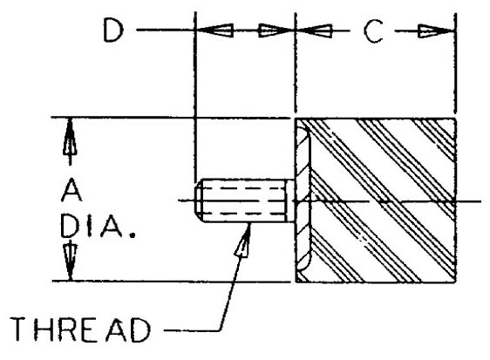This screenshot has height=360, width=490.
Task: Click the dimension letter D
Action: pyautogui.click(x=113, y=30)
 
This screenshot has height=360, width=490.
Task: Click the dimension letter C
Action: pyautogui.click(x=373, y=31)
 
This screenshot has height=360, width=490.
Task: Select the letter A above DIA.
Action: pyautogui.click(x=71, y=190)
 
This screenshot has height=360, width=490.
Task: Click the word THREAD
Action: pyautogui.click(x=80, y=329)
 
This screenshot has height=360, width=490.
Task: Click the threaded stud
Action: pyautogui.click(x=241, y=200)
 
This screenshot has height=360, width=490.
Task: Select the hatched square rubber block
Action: pyautogui.click(x=376, y=200)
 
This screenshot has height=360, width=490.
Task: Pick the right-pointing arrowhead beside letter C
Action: pyautogui.click(x=437, y=31)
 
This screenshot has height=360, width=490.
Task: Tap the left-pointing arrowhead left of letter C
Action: pyautogui.click(x=314, y=31)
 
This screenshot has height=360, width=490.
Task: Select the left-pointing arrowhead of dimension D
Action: pyautogui.click(x=214, y=31)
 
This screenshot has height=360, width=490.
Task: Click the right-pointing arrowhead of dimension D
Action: pyautogui.click(x=277, y=31)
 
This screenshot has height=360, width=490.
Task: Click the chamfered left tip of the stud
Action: pyautogui.click(x=198, y=200)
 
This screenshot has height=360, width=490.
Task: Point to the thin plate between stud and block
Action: pyautogui.click(x=303, y=200)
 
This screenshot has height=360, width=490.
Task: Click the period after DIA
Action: pyautogui.click(x=133, y=234)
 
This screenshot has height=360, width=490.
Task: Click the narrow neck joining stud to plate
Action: pyautogui.click(x=291, y=200)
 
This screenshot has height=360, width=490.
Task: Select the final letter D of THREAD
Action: pyautogui.click(x=141, y=330)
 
